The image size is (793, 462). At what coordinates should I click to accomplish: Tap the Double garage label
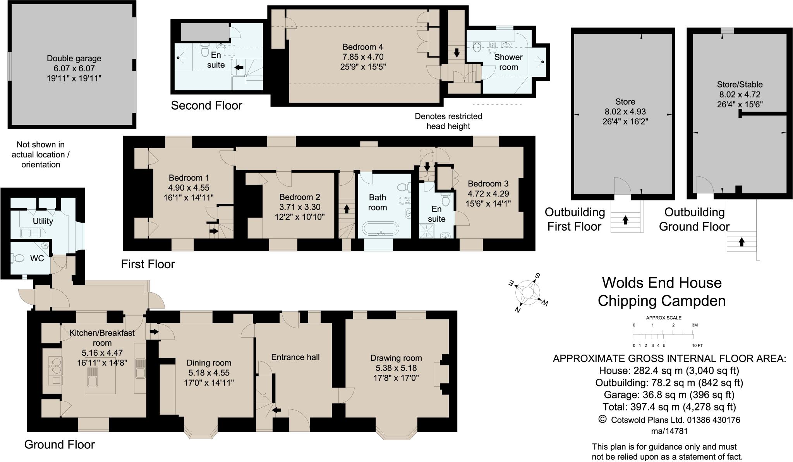pos(74,59)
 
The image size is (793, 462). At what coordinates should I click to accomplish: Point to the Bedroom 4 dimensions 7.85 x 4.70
pos(363,57)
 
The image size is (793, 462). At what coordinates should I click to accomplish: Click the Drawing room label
pos(396,358)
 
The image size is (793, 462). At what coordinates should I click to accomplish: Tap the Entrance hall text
pos(295,357)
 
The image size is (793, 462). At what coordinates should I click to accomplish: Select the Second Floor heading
pos(206,105)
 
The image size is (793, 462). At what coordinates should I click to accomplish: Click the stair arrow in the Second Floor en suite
pos(239,67)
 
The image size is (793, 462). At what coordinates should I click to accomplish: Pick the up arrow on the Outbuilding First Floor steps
pos(625,220)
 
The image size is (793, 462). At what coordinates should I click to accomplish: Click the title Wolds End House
pos(662,283)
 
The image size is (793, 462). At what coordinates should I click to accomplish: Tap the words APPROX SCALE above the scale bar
pos(664,318)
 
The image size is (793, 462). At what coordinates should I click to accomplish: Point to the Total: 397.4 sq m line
pos(669,407)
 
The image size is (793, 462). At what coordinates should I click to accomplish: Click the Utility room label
pos(43,221)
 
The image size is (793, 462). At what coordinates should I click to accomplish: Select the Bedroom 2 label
pos(300,197)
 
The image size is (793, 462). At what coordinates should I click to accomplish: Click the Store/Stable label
pos(740,84)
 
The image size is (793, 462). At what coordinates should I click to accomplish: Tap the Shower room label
pos(508,62)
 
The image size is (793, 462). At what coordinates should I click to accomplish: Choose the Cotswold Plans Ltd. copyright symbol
pos(602,419)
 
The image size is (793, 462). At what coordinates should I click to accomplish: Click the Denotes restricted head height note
pos(448,121)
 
